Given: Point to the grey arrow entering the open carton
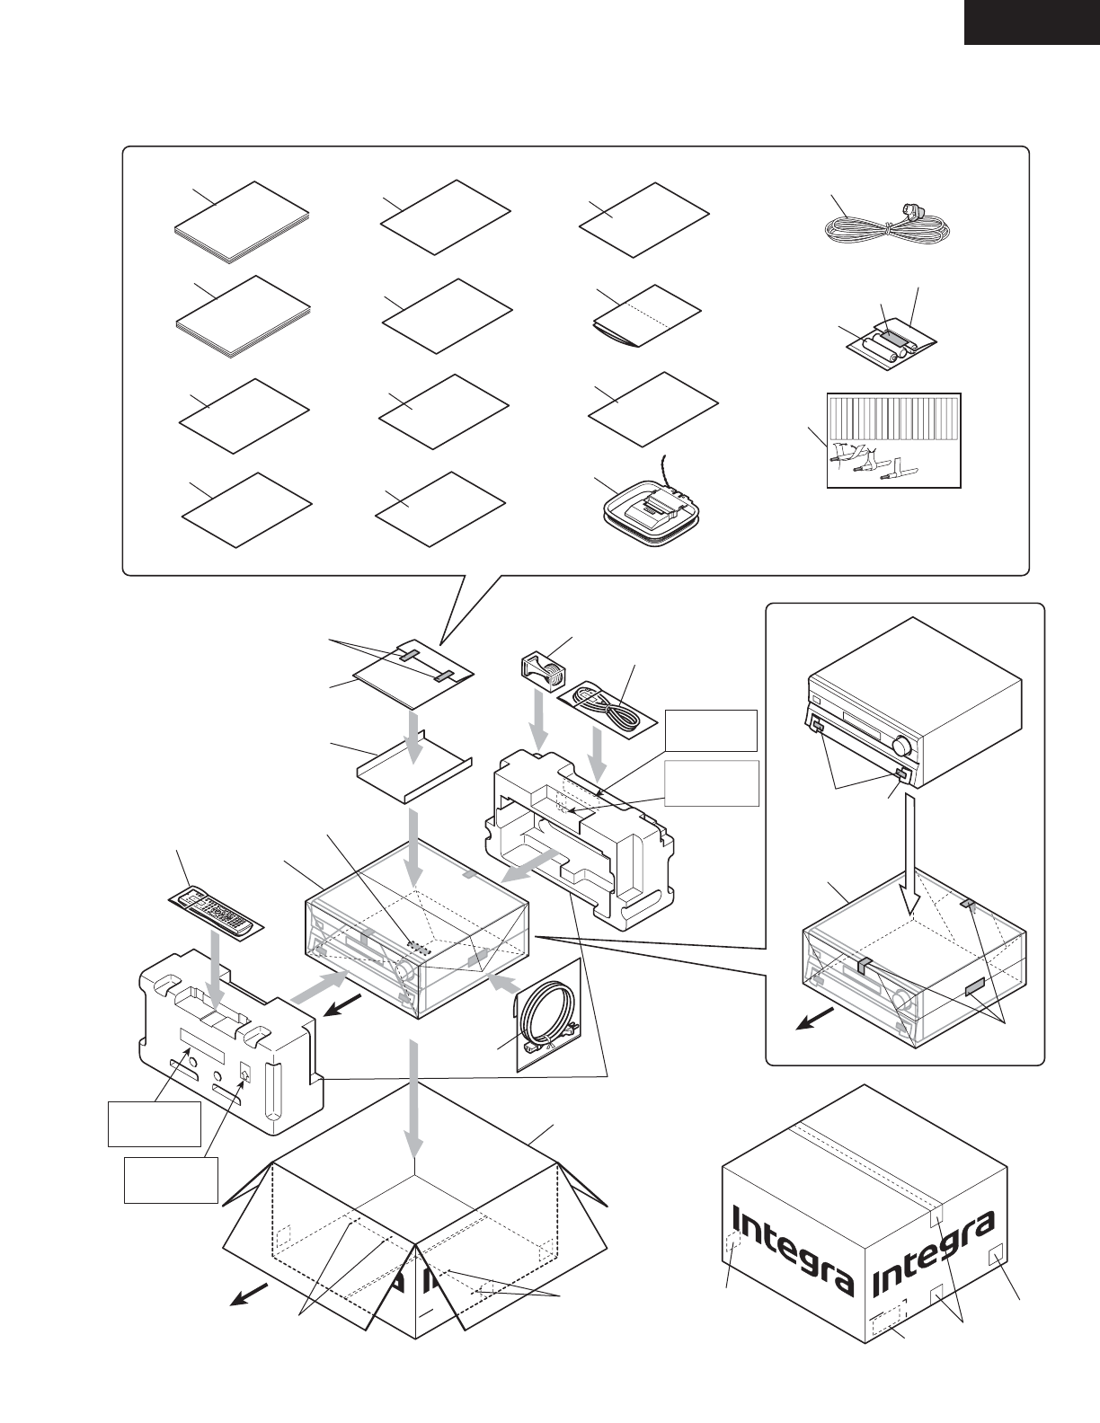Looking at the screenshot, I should click(413, 1096).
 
